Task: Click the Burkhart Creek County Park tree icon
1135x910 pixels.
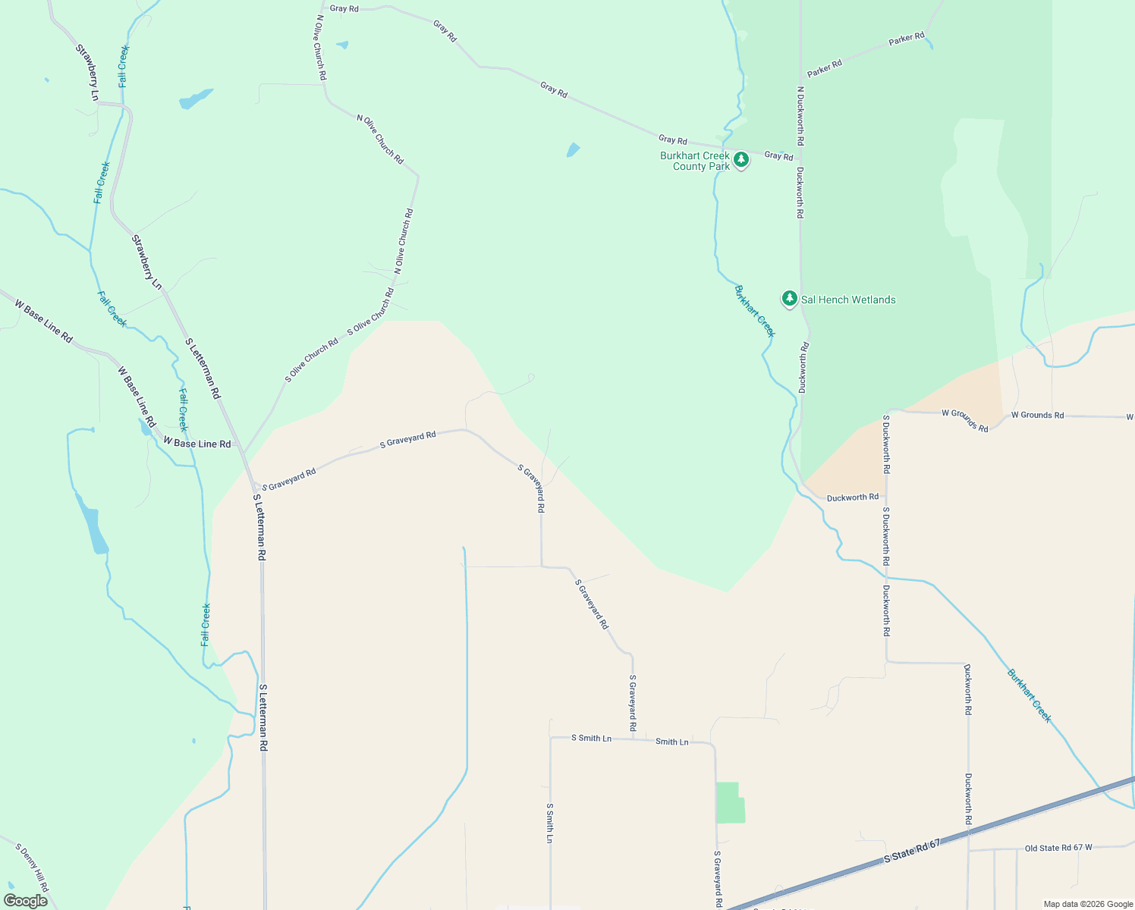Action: (x=741, y=160)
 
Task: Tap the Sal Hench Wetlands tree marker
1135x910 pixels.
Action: (x=790, y=299)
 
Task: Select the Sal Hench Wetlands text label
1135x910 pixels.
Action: (x=848, y=300)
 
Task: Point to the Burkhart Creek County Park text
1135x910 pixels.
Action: (x=694, y=161)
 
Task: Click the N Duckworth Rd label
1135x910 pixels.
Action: (x=800, y=116)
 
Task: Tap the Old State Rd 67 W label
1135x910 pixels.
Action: (x=1058, y=848)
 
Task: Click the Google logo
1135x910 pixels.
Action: (x=25, y=900)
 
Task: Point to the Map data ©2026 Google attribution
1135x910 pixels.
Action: (x=1087, y=904)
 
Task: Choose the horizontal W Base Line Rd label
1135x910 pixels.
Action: (x=197, y=444)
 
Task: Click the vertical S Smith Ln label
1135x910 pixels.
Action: (x=549, y=823)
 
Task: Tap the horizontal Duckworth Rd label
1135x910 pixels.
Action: (x=852, y=497)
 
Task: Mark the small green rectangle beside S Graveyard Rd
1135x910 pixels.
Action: (x=730, y=802)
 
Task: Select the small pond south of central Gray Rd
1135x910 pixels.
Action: (x=573, y=150)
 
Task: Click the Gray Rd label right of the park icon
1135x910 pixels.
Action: (x=778, y=155)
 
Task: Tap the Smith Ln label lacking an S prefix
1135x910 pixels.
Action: (x=671, y=742)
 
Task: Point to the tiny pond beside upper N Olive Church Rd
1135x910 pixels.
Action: (x=343, y=45)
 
